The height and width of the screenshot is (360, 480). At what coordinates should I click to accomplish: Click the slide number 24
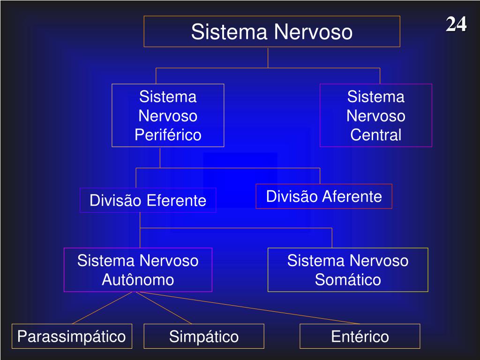pos(456,24)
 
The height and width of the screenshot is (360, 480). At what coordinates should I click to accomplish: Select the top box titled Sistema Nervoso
pos(271,32)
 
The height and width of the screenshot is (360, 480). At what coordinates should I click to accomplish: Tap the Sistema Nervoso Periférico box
pos(168,115)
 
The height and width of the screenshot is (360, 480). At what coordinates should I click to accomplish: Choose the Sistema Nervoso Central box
pos(375,115)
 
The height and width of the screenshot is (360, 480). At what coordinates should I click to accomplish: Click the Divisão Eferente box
pos(148,201)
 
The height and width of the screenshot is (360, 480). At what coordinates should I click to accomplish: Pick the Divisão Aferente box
pos(324,196)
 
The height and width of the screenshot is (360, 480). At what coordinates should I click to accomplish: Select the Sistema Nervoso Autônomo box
pos(138,270)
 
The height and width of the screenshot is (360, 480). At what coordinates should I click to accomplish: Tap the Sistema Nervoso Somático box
pos(348,270)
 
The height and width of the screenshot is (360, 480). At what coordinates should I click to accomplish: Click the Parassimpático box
pos(72,336)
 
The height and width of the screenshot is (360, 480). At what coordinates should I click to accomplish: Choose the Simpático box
pos(204,337)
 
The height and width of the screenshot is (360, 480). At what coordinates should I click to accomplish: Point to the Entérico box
pos(360,337)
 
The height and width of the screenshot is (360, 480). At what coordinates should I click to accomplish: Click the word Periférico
pos(168,135)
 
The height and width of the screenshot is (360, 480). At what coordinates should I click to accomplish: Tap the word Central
pos(376,135)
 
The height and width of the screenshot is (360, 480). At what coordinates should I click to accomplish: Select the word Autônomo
pos(138,280)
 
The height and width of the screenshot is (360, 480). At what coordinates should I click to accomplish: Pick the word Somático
pos(348,280)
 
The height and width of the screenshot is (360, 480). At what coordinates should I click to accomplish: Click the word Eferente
pos(176,201)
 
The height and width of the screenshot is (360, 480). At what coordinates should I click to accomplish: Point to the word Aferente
pos(352,196)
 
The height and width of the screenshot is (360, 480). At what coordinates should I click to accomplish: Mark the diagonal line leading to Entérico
pos(248,307)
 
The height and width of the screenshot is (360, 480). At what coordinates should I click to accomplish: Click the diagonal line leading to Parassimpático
pos(104,307)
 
